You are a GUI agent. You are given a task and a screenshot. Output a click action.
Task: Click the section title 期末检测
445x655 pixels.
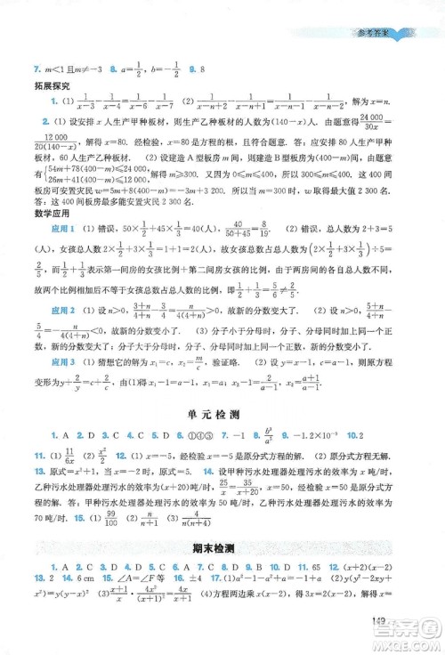(222, 572)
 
